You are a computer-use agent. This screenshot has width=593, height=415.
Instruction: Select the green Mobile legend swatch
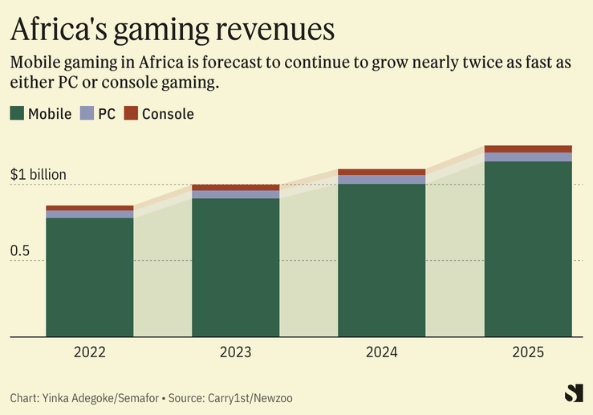click(17, 113)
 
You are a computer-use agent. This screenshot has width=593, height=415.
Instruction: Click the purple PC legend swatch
click(87, 113)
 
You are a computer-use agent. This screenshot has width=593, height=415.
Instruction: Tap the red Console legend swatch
click(132, 113)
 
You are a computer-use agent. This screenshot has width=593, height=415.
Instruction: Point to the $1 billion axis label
click(38, 174)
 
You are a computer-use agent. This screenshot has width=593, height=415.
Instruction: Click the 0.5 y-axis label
click(20, 251)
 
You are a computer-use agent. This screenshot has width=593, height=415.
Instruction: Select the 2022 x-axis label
click(90, 352)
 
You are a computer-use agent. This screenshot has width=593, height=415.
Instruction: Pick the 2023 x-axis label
click(236, 352)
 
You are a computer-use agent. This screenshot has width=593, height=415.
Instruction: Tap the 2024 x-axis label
click(381, 352)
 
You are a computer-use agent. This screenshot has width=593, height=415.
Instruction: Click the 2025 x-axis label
click(527, 352)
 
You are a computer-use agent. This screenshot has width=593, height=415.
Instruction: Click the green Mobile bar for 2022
click(90, 277)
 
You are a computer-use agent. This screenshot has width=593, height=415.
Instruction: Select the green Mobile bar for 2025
click(528, 249)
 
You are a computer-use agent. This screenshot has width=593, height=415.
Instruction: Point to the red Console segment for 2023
click(236, 188)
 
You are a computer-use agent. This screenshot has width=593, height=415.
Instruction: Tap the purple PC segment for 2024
click(382, 180)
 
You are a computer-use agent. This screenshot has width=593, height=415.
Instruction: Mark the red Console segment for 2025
click(528, 149)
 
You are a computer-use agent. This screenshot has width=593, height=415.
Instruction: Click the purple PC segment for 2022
click(90, 214)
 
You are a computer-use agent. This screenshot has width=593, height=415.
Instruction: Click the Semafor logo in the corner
click(573, 393)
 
